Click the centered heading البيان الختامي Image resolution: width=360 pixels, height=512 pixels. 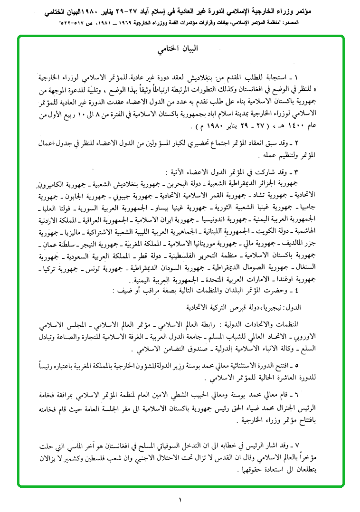pyautogui.click(x=180, y=48)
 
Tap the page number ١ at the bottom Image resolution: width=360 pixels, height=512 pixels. pyautogui.click(x=180, y=500)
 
